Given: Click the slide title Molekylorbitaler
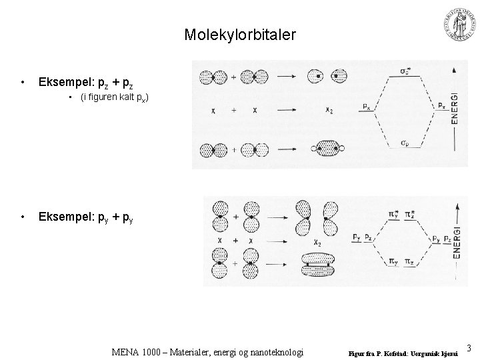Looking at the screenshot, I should (239, 34).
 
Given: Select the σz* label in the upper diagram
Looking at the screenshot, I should (404, 70).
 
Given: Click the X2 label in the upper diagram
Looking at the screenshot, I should (330, 110).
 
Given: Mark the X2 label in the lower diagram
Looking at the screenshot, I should (309, 243).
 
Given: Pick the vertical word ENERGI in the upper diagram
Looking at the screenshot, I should (455, 107).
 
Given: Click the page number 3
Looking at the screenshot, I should (469, 347).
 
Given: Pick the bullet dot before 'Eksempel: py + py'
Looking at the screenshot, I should (23, 217).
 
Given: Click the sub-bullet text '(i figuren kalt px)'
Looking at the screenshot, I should (113, 98).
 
